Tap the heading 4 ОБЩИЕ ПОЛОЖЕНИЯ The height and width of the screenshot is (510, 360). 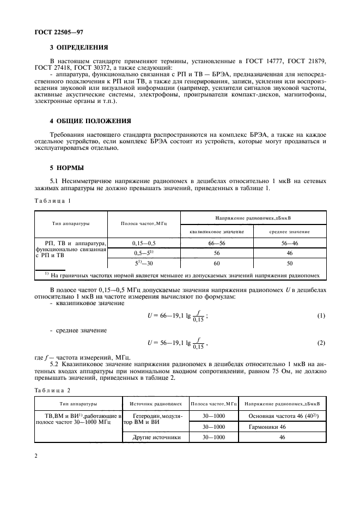point(90,120)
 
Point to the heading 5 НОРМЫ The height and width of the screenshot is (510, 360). point(68,168)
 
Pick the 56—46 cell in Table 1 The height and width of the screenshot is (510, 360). point(289,242)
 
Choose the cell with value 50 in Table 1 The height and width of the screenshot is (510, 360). point(289,264)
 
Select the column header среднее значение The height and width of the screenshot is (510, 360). point(289,232)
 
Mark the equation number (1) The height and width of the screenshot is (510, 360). point(320,317)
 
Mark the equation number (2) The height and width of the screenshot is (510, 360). point(320,343)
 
